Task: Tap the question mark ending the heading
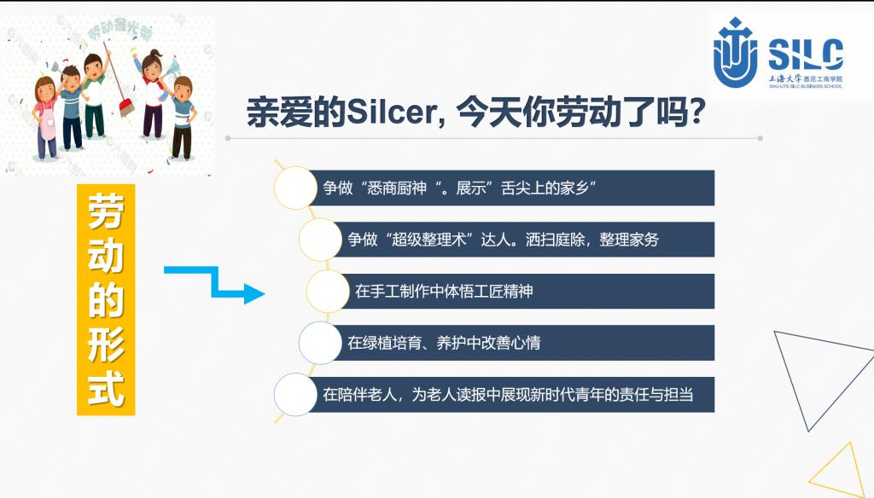tap(694, 112)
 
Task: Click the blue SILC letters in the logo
tap(806, 55)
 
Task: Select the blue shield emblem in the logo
tap(735, 53)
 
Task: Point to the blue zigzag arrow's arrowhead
tap(254, 293)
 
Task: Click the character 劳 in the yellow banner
tap(105, 211)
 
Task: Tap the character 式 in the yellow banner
tap(105, 388)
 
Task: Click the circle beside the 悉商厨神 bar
tap(295, 188)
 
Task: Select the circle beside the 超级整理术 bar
tap(320, 240)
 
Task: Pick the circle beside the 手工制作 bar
tap(328, 292)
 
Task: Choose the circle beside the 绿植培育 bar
tap(320, 343)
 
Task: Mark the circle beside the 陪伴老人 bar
tap(295, 394)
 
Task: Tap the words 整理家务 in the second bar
tap(629, 240)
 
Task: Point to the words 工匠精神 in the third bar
tap(504, 292)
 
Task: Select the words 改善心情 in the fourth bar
tap(510, 343)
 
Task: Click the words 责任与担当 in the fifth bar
tap(656, 394)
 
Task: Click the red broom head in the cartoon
tap(127, 107)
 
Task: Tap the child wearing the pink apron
tap(46, 118)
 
